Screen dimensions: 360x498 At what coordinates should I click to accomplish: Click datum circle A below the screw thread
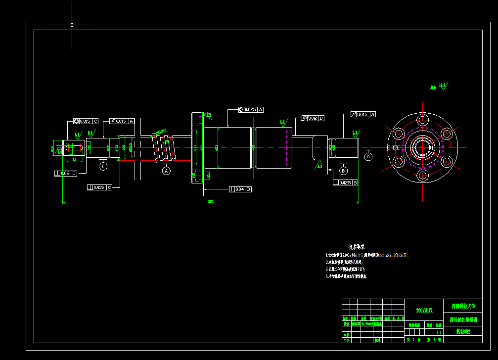tap(166, 171)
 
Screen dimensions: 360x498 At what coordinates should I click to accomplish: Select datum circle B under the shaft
tap(343, 171)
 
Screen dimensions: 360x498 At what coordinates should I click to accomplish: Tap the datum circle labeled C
tap(103, 166)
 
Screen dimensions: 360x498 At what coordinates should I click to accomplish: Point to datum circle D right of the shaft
tap(368, 157)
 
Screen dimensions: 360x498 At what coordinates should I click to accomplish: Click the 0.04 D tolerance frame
tap(240, 189)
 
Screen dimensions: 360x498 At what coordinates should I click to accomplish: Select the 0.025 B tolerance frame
tap(345, 182)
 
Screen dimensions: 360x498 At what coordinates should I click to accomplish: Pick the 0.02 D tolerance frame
tap(313, 118)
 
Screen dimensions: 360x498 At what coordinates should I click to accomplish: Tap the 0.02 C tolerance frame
tap(66, 173)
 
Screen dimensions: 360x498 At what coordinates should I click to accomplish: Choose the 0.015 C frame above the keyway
tap(86, 121)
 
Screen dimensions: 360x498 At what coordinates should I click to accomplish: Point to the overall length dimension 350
tap(210, 201)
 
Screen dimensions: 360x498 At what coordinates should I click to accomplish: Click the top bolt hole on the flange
tap(423, 119)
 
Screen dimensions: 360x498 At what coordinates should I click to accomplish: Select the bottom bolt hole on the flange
tap(423, 175)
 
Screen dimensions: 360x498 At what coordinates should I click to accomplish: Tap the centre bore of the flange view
tap(423, 147)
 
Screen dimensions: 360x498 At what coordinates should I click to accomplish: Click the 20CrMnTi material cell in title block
tap(424, 310)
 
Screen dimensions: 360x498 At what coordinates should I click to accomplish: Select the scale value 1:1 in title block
tap(439, 333)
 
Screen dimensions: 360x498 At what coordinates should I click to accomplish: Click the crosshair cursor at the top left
tap(72, 24)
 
